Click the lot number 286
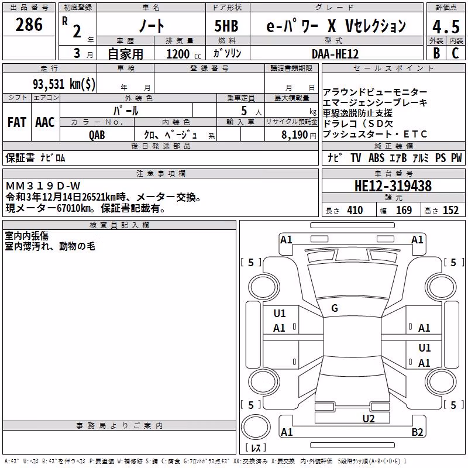point(29,25)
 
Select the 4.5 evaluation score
point(446,26)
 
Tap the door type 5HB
point(226,26)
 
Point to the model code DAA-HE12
point(335,54)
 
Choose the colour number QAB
point(97,135)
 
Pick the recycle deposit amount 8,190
point(294,135)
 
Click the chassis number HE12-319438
point(393,186)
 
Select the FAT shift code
point(17,122)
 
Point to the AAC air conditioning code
point(45,122)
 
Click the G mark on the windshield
point(335,308)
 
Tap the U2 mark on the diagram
point(369,419)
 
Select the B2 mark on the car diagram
point(417,432)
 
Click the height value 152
point(450,210)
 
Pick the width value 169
point(404,210)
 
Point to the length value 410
point(355,210)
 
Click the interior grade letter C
point(455,53)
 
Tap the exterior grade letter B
point(436,53)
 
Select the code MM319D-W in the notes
point(43,186)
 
